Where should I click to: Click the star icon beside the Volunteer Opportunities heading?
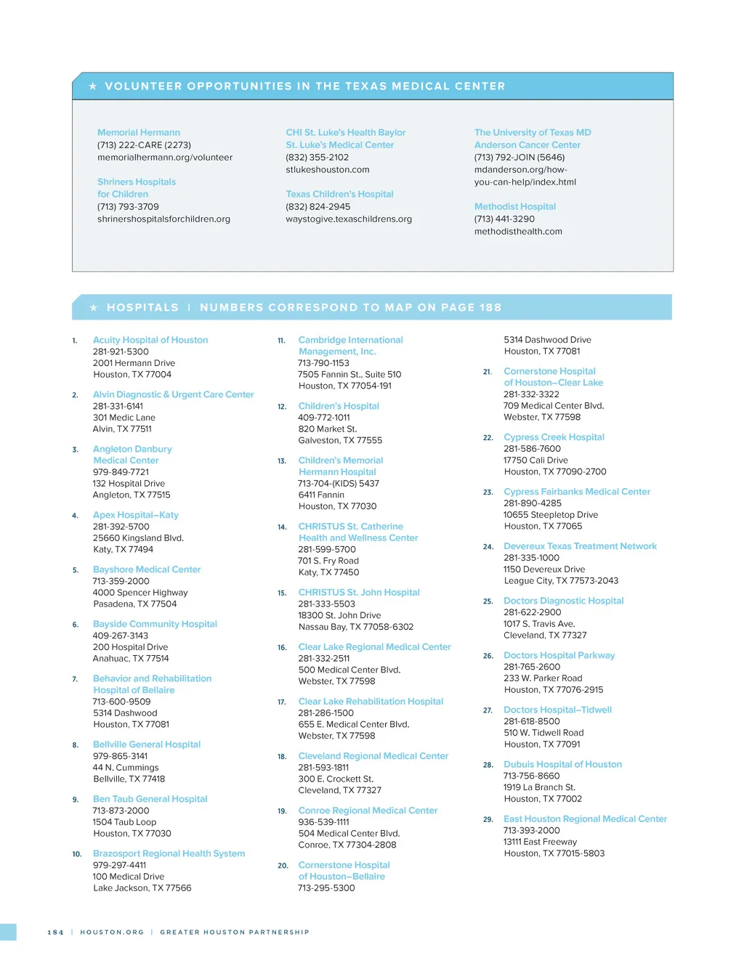(93, 86)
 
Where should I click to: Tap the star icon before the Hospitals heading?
(94, 308)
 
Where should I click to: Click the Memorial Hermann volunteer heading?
(139, 133)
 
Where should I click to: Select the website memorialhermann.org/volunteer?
(165, 158)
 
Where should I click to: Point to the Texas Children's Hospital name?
(339, 195)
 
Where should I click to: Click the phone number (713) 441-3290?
(504, 219)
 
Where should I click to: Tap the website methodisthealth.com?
(518, 232)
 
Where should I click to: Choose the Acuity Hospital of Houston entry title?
(150, 340)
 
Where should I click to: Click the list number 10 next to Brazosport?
(76, 854)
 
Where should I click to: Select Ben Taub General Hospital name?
(150, 799)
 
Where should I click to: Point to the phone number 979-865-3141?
(120, 756)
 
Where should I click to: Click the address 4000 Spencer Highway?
(140, 593)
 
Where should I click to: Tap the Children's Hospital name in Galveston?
(339, 406)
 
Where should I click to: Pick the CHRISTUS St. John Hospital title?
(359, 593)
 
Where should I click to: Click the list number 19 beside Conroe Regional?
(282, 811)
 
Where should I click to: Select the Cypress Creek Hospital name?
(554, 437)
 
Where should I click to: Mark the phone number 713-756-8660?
(532, 776)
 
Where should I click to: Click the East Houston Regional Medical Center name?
(585, 819)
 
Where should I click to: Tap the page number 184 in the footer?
(55, 933)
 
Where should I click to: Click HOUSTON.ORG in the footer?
(112, 933)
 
